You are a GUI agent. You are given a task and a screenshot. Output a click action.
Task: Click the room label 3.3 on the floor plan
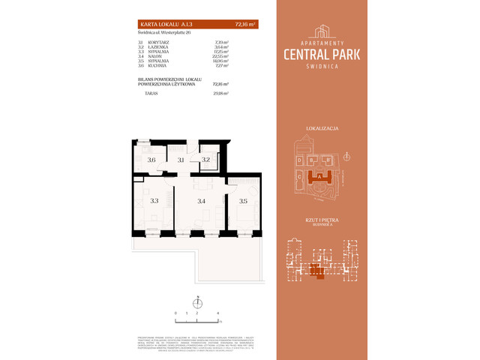point(154,200)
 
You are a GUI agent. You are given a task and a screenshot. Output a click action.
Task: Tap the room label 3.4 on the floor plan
point(200,200)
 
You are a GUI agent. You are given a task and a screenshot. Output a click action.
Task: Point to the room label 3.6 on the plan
point(151,160)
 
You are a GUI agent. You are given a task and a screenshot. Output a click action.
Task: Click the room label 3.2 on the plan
point(205,160)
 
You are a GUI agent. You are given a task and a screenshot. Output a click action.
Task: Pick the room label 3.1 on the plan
point(181,160)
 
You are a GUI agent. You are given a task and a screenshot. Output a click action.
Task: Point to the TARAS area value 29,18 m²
point(220,94)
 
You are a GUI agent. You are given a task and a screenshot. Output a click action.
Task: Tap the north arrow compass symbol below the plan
point(197,301)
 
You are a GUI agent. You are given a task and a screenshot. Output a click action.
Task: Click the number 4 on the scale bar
point(217,311)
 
